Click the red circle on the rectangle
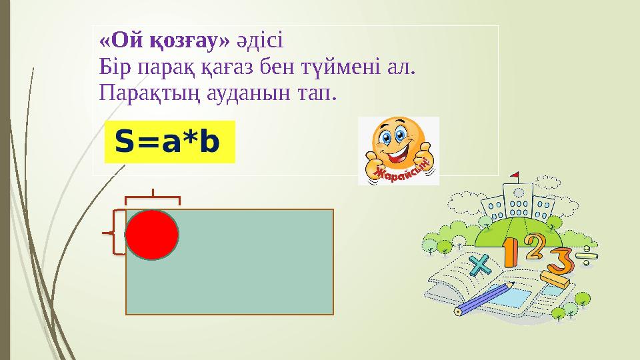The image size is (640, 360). click(x=153, y=235)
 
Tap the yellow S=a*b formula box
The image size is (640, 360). click(x=170, y=141)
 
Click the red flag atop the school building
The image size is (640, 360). click(x=514, y=176)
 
